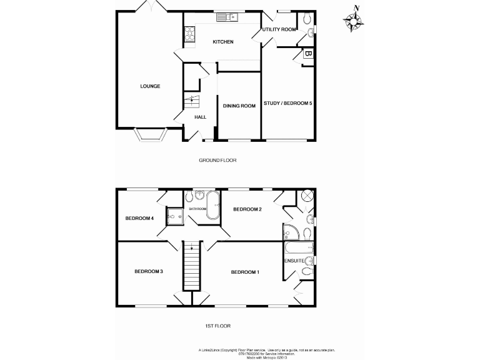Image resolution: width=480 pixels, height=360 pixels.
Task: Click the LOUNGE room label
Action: coord(150,86)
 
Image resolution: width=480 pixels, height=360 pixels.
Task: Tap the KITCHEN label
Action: coord(223,42)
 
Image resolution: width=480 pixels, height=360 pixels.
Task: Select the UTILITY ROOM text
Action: coord(279,29)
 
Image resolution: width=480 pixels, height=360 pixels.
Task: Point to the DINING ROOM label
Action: coord(239,106)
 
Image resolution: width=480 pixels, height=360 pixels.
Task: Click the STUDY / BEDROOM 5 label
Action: coord(287,103)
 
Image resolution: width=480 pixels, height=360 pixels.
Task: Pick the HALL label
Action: coord(200,117)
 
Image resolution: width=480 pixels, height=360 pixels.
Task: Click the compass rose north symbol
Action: coord(354,21)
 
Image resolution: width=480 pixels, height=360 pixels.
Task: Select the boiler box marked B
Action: coord(307,54)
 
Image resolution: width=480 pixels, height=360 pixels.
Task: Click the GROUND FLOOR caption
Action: coord(217,160)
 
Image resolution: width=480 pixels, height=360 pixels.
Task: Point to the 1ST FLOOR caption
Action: coord(217,326)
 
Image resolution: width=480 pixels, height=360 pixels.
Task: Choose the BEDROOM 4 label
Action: coord(139,218)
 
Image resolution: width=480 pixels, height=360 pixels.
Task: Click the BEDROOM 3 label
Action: coord(149,271)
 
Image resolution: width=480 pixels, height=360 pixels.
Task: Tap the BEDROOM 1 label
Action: coord(245,272)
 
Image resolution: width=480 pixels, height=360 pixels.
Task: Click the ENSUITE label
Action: coord(294,261)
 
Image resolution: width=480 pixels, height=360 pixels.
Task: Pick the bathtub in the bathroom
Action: coord(213,207)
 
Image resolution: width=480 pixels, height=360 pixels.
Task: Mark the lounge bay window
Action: coord(151,134)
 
